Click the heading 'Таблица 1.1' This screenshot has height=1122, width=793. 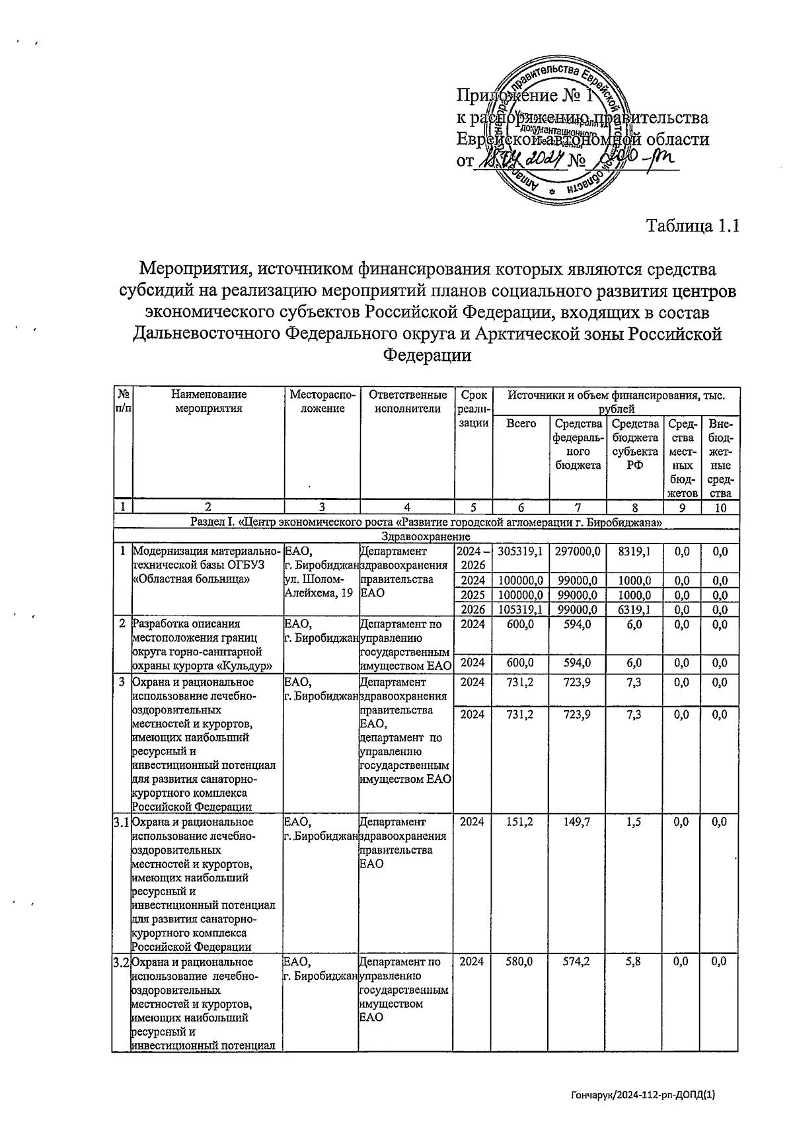point(691,226)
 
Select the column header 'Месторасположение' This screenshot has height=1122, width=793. point(322,401)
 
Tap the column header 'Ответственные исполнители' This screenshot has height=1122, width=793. point(407,401)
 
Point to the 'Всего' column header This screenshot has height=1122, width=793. point(521,423)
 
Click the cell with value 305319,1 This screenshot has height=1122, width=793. point(521,551)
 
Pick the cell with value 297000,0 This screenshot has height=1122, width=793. point(578,551)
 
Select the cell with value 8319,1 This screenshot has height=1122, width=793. point(635,551)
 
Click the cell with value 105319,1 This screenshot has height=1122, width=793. point(521,610)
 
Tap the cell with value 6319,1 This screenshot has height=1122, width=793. point(635,610)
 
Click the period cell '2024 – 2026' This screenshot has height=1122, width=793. point(473,557)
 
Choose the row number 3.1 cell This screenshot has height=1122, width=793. point(121,822)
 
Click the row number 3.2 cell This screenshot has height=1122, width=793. point(121,962)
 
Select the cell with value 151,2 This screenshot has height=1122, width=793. point(521,822)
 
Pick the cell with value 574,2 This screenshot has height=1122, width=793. point(578,962)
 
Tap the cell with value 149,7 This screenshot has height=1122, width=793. point(578,822)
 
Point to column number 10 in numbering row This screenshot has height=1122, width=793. point(721,508)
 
